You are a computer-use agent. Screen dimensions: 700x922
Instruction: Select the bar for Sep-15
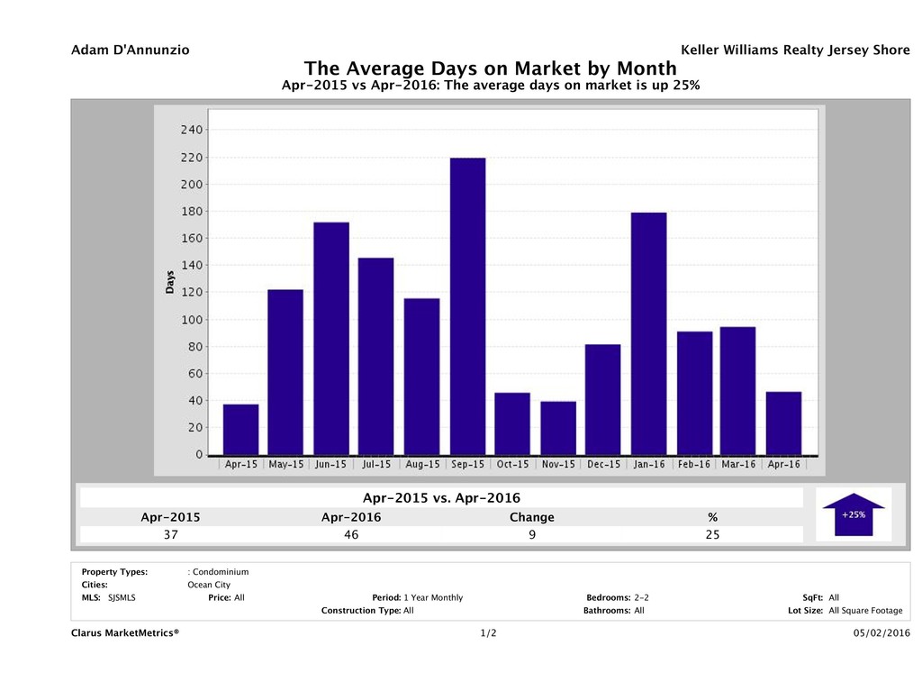(467, 306)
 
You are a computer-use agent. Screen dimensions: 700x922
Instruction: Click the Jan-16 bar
(648, 333)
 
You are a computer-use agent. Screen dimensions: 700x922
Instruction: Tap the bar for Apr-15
(240, 430)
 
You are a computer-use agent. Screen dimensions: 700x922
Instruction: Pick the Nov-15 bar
(557, 428)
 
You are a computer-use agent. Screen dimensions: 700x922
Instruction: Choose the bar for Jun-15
(331, 338)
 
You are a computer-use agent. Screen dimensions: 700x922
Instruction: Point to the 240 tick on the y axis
(190, 130)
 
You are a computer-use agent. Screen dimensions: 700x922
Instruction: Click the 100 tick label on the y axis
(190, 320)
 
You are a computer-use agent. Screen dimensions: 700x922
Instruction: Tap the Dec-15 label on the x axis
(603, 465)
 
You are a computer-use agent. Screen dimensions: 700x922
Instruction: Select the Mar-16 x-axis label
(737, 465)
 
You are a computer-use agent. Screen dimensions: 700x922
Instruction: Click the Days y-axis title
(170, 282)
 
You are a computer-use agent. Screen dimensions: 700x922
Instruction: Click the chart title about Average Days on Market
(491, 68)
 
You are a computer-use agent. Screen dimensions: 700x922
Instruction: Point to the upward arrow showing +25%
(854, 514)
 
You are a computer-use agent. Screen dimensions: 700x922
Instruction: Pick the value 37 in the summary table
(170, 534)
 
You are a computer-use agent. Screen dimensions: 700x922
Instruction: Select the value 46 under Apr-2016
(351, 534)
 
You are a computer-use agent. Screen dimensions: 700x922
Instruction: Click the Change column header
(531, 517)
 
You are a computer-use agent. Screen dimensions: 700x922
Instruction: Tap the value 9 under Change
(531, 534)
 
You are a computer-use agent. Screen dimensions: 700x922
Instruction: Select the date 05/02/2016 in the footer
(881, 633)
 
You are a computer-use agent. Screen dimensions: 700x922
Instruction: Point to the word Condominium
(221, 571)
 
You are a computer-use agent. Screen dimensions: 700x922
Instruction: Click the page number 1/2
(489, 633)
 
